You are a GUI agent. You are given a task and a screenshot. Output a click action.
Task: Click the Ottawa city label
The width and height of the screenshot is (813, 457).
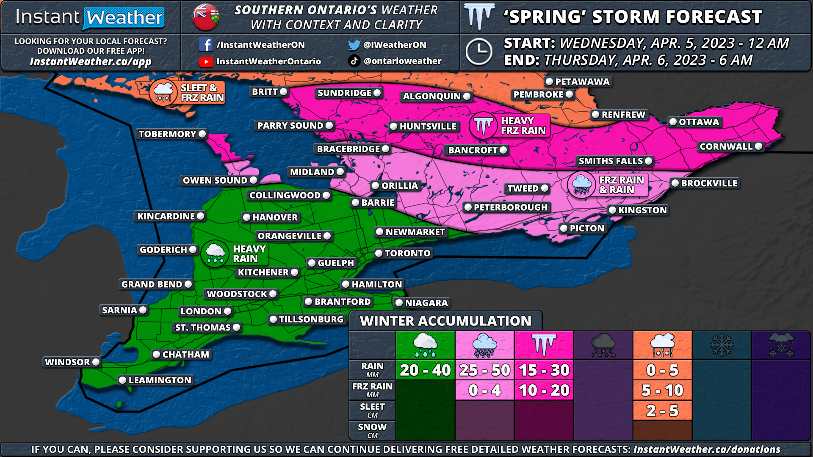[x=698, y=122]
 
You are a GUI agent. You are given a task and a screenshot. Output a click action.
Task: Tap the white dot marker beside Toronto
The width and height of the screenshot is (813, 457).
[x=379, y=253]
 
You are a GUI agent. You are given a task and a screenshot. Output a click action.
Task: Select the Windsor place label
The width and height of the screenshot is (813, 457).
[x=68, y=362]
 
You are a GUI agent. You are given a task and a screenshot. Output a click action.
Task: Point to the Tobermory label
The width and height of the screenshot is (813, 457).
[x=168, y=134]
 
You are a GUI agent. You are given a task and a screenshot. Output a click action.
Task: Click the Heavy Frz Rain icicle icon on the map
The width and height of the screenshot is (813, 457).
[x=483, y=126]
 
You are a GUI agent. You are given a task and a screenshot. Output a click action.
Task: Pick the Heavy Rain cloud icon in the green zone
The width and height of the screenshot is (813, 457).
[x=215, y=253]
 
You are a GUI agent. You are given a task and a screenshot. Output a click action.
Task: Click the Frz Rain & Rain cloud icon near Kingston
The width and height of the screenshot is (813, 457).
[x=581, y=185]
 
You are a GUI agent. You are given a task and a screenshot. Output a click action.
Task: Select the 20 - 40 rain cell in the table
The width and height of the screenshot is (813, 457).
[x=425, y=370]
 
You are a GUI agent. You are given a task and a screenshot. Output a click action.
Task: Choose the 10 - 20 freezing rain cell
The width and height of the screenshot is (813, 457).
[x=544, y=390]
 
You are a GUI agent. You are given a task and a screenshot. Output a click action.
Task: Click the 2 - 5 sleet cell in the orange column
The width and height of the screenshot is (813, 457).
[x=662, y=410]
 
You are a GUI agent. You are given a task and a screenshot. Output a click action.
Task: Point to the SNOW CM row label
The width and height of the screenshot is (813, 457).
[x=372, y=430]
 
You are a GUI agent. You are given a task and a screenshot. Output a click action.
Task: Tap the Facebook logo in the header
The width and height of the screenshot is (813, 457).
[x=205, y=44]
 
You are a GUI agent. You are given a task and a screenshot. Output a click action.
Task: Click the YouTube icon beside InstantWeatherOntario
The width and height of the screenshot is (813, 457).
[x=206, y=62]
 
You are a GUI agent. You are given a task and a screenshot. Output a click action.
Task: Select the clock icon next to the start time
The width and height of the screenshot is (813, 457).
[x=478, y=52]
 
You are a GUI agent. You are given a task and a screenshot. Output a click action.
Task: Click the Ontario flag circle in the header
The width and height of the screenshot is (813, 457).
[x=206, y=17]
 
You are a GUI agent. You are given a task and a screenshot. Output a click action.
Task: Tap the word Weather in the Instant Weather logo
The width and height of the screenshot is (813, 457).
[x=124, y=18]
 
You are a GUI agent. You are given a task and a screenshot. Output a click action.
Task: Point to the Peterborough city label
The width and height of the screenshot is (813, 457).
[x=510, y=207]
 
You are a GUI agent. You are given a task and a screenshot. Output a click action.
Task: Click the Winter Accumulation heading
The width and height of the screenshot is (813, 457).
[x=445, y=321]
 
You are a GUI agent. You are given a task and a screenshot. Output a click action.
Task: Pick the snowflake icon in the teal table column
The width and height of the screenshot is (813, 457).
[x=722, y=345]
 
